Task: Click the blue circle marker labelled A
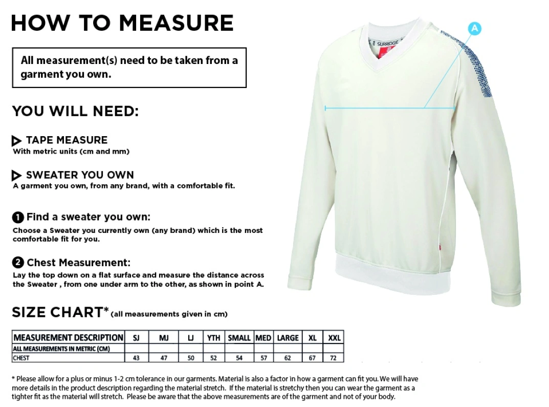coord(474,29)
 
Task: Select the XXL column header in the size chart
coord(334,338)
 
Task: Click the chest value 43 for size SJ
coord(136,358)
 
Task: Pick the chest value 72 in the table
coord(334,358)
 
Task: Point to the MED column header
coord(263,338)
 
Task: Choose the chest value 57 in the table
coord(263,358)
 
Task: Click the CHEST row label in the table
coord(21,358)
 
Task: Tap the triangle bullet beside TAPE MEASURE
coord(16,141)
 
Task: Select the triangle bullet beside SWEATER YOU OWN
coord(16,176)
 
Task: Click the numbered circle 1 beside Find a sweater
coord(18,217)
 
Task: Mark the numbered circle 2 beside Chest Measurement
coord(18,263)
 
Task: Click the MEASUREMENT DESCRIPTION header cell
coord(68,338)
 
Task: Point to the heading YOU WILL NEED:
coord(75,111)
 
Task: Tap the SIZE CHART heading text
coord(57,312)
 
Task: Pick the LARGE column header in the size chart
coord(288,338)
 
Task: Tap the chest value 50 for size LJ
coord(191,358)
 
